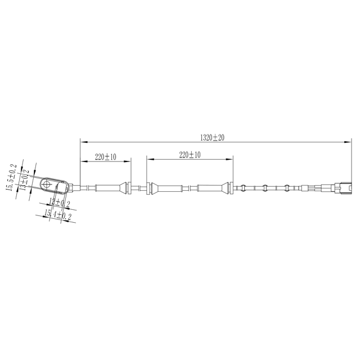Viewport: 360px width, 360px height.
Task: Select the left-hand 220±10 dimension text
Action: [105, 157]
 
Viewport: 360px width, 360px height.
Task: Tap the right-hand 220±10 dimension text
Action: [190, 154]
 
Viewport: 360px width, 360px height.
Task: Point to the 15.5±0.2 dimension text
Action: [10, 178]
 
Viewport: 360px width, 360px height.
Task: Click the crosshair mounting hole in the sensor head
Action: [48, 184]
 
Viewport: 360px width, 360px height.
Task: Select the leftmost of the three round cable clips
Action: [243, 188]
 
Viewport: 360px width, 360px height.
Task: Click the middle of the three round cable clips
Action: [265, 188]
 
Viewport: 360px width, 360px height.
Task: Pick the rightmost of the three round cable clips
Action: [287, 188]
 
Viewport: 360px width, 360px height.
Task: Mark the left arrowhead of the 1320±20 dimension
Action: [82, 141]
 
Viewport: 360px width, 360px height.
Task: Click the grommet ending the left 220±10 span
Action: [129, 188]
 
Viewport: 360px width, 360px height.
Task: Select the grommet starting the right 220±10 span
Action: [149, 188]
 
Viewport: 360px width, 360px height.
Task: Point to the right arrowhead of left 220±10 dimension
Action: [129, 161]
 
